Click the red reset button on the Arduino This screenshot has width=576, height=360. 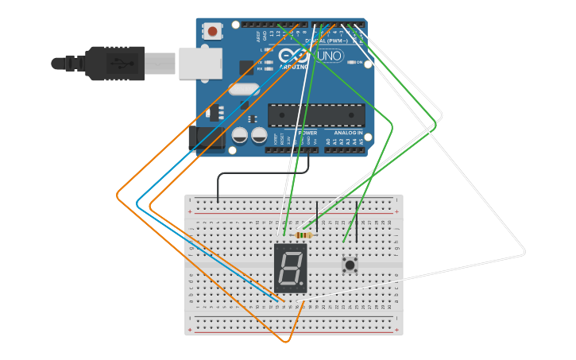[x=212, y=31]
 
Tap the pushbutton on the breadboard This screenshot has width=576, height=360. [x=349, y=263]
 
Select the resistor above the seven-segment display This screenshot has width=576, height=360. [x=303, y=234]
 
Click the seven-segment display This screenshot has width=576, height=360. [x=290, y=268]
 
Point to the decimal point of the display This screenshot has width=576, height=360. [x=301, y=283]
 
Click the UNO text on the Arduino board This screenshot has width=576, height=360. [x=330, y=56]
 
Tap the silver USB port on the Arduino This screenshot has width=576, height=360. [x=199, y=64]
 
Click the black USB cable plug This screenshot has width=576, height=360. [x=115, y=64]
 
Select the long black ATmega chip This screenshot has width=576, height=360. [x=316, y=114]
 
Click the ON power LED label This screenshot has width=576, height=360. [x=359, y=62]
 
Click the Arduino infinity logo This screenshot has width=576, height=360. [x=294, y=56]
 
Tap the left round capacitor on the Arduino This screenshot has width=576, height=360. [x=239, y=136]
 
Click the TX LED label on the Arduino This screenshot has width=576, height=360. [x=260, y=62]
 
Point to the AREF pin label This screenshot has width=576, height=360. [x=258, y=37]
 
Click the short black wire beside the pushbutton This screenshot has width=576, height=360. [x=357, y=226]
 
